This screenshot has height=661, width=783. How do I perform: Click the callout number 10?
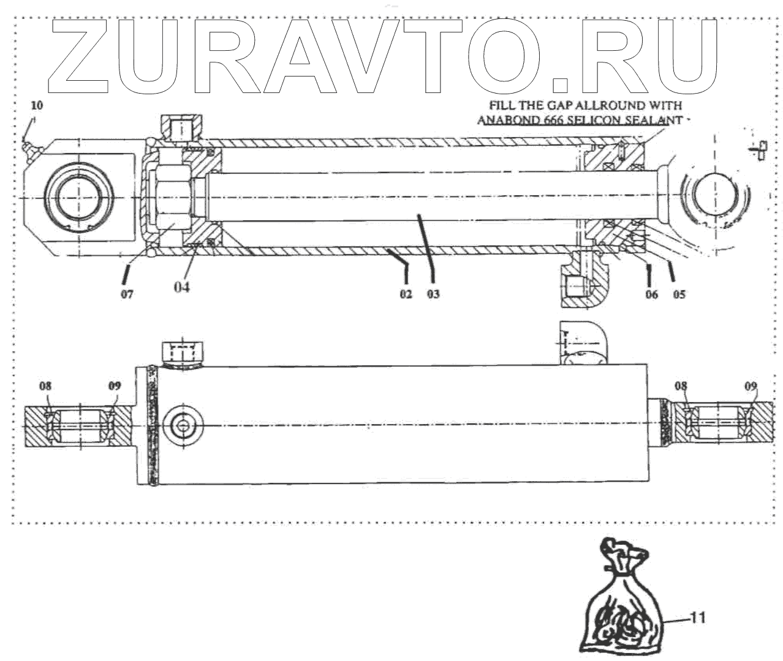click(37, 105)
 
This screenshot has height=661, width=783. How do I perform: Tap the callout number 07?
click(127, 294)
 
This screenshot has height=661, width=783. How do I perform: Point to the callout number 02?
click(406, 294)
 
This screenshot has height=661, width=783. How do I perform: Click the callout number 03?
click(433, 294)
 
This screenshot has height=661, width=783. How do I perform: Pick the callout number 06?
click(651, 294)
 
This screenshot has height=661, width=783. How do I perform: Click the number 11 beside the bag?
click(698, 618)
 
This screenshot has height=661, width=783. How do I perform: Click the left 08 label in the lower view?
click(45, 386)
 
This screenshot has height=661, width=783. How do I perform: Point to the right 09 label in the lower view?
click(751, 386)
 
